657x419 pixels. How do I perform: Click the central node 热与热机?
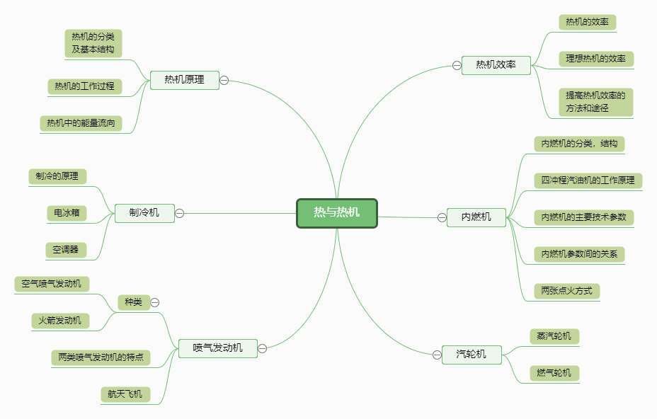pos(337,213)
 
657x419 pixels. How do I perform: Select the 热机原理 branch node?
pos(184,80)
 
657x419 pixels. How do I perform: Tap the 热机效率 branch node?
pos(496,65)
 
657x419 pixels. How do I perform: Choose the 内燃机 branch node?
pos(476,217)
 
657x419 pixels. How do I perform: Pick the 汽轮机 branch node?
pos(472,355)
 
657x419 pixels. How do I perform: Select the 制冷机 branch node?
pos(144,213)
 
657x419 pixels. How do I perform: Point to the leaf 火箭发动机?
pos(60,321)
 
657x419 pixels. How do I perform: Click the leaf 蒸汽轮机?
pos(554,335)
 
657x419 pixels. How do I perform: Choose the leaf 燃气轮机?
pos(554,372)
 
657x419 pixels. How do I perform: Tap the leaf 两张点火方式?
pos(567,290)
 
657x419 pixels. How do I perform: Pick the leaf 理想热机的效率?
pos(595,59)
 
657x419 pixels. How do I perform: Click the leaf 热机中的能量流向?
pos(80,123)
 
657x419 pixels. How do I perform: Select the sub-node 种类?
pos(133,302)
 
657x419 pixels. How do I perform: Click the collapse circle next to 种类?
pos(155,302)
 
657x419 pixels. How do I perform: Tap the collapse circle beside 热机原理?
pos(224,80)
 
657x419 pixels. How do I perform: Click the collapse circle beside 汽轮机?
pos(437,355)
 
